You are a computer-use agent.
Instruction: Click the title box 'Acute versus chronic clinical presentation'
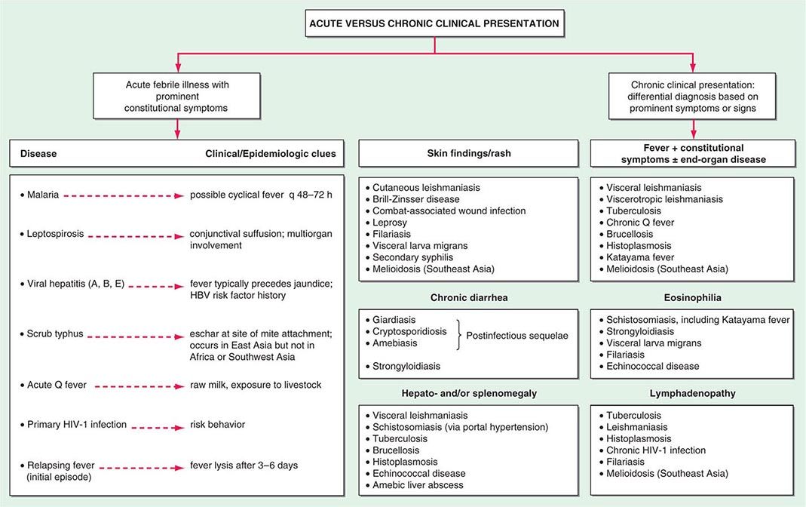pyautogui.click(x=435, y=23)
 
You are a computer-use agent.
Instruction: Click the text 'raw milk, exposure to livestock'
pyautogui.click(x=256, y=385)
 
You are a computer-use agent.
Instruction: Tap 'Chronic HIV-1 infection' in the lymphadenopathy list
pyautogui.click(x=656, y=450)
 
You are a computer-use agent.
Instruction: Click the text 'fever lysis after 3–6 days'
pyautogui.click(x=244, y=466)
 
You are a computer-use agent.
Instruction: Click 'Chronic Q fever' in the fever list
pyautogui.click(x=641, y=223)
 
